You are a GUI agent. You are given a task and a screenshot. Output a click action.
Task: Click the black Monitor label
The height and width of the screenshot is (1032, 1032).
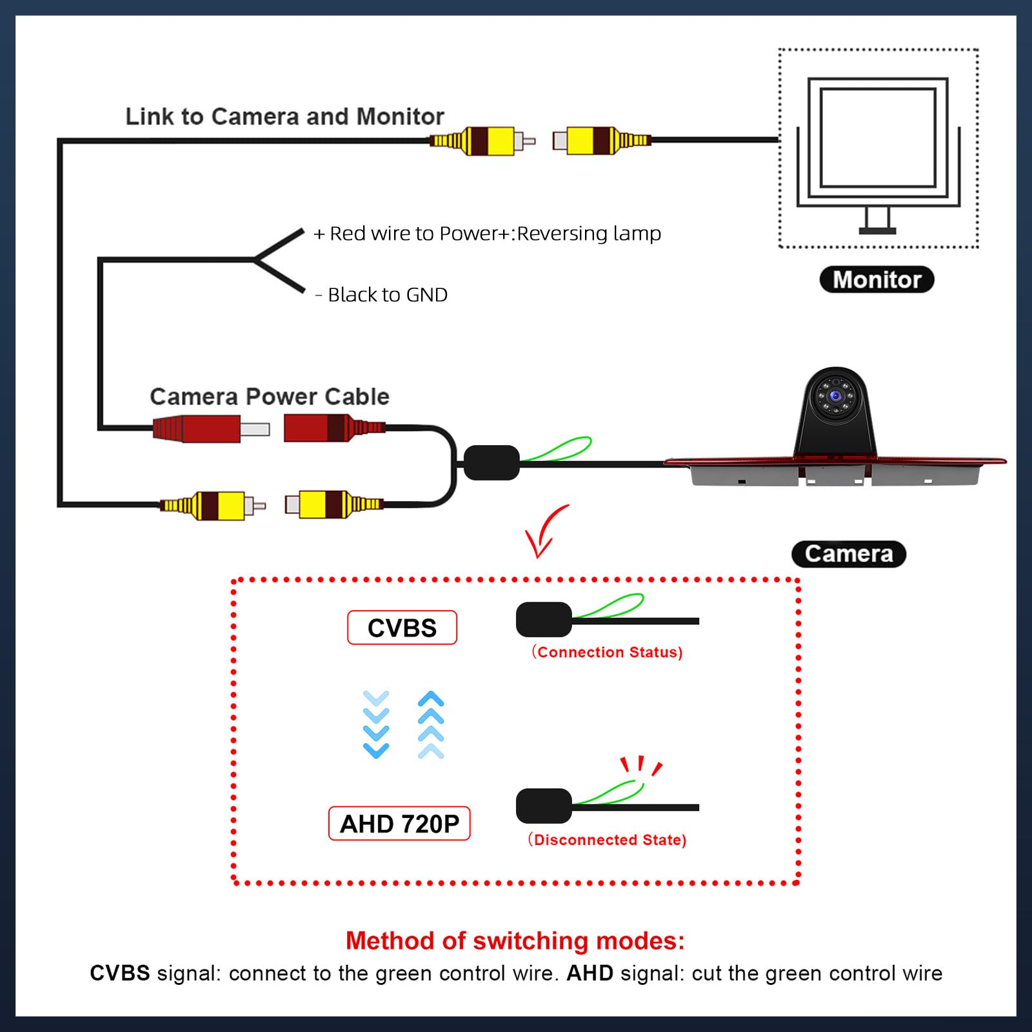877,279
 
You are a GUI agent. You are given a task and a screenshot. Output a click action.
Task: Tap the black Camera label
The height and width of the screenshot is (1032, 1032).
848,553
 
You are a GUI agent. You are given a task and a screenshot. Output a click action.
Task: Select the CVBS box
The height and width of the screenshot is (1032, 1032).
402,628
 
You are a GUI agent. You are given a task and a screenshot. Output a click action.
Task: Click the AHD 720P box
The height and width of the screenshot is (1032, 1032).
399,824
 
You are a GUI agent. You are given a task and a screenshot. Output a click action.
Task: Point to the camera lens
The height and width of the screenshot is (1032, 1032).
836,395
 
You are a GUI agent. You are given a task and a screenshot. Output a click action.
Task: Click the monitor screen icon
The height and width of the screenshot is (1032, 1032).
877,137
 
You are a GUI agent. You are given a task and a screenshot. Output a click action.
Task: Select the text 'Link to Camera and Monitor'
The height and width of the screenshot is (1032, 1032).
284,117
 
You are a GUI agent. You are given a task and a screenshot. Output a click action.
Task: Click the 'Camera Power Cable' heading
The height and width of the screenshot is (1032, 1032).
270,396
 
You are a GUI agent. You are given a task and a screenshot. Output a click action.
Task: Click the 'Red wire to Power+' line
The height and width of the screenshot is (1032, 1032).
487,233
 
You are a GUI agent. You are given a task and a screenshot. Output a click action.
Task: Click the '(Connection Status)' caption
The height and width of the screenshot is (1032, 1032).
607,652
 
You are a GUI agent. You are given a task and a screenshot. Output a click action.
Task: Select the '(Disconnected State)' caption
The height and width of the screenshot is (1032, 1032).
607,840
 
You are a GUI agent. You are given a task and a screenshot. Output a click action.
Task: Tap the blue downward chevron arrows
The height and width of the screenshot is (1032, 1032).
376,724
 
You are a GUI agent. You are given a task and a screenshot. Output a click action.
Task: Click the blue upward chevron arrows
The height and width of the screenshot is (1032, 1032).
431,724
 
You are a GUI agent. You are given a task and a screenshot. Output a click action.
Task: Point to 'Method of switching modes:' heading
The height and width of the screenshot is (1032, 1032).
515,940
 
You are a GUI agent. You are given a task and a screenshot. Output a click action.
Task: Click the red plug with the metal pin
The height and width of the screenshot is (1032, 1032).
210,428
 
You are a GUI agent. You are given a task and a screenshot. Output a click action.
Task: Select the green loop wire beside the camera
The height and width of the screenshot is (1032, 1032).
561,449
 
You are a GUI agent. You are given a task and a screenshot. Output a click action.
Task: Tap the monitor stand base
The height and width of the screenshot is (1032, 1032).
877,230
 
